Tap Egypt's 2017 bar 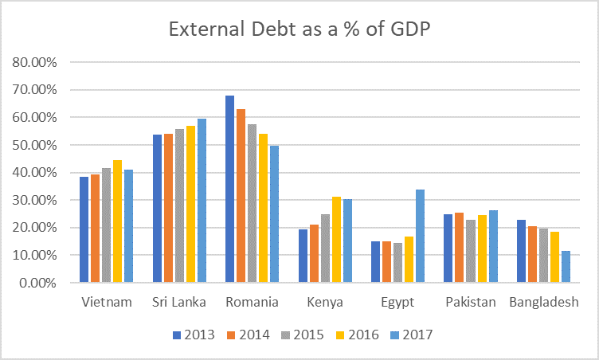click(419, 236)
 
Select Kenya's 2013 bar click(303, 256)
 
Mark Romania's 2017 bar click(274, 214)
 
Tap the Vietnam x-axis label click(106, 303)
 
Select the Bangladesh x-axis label click(546, 303)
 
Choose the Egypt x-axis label click(397, 303)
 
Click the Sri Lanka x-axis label click(179, 303)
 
